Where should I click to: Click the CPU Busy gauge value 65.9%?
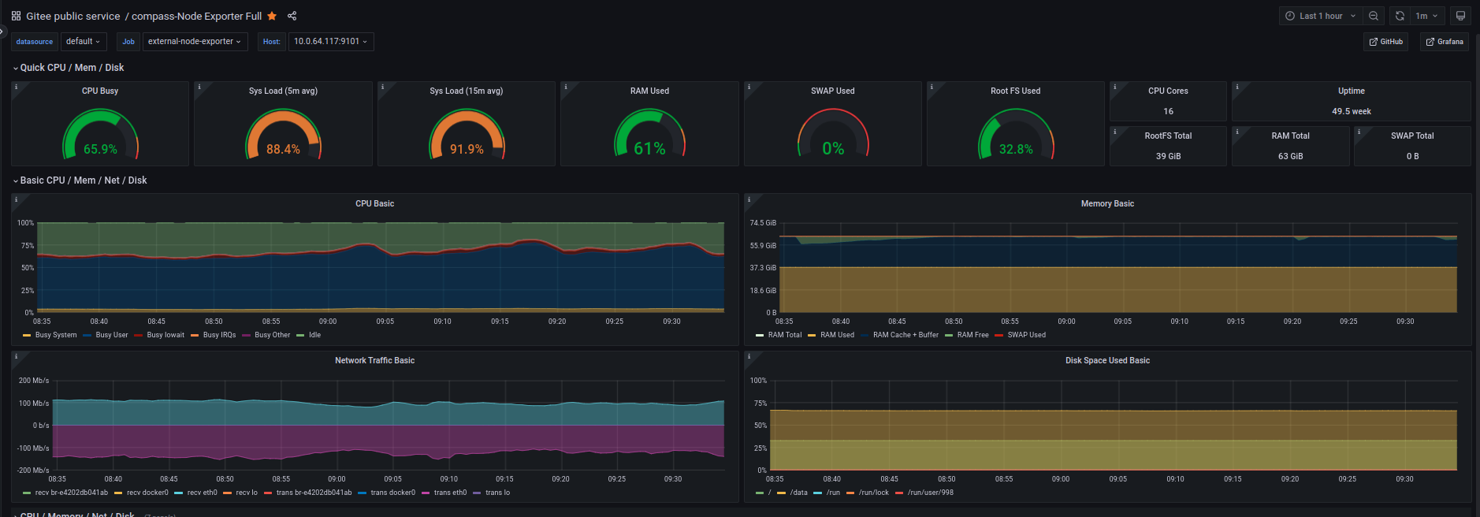coord(100,149)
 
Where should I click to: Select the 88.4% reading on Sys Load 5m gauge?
coord(283,149)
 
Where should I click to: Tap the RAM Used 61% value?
coord(649,149)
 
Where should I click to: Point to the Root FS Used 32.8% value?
coord(1016,149)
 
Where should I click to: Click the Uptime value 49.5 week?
coord(1351,111)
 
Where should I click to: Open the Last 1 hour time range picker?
coord(1320,16)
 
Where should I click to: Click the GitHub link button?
coord(1385,42)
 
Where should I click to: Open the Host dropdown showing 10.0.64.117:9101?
coord(330,41)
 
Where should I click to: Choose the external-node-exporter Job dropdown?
coord(195,41)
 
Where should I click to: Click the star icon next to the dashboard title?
coord(272,16)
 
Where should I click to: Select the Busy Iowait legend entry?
coord(165,335)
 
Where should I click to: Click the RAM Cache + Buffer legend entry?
coord(905,335)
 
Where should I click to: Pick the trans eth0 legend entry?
coord(449,493)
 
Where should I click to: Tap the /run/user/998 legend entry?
coord(930,493)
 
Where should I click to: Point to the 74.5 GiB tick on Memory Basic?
coord(762,223)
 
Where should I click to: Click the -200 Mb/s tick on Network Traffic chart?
coord(34,471)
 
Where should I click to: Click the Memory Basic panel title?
coord(1106,203)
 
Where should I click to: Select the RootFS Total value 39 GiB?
coord(1168,156)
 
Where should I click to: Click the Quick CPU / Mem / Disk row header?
coord(72,68)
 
